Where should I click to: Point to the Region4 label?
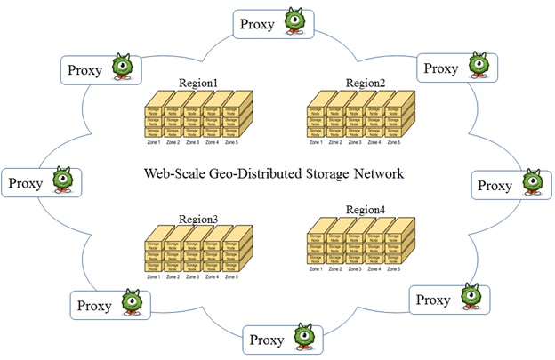(x=366, y=211)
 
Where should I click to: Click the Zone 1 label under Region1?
(x=153, y=141)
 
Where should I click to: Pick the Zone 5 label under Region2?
(x=392, y=141)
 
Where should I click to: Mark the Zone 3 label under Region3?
(x=192, y=276)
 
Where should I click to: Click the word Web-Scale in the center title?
(x=174, y=173)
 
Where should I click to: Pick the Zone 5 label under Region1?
(x=231, y=141)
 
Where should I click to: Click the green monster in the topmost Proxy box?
(x=295, y=20)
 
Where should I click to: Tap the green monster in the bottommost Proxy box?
(x=303, y=338)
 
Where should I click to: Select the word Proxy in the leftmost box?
(x=26, y=184)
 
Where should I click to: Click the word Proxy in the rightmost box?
(x=495, y=185)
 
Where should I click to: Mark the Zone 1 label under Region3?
(x=153, y=276)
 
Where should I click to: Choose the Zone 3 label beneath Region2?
(x=353, y=141)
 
